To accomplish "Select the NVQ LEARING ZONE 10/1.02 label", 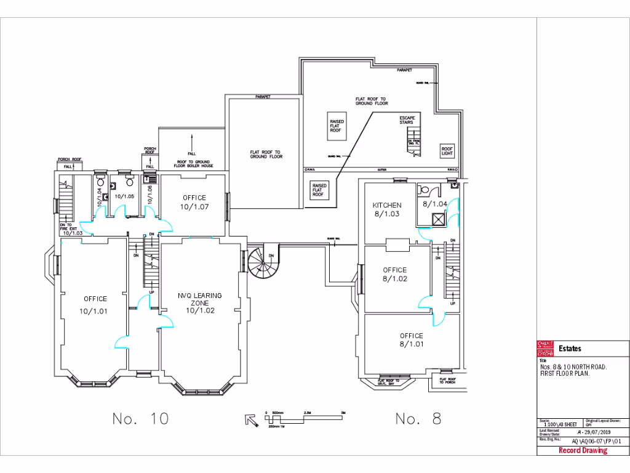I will [x=199, y=302].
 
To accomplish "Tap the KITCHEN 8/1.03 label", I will [x=387, y=209].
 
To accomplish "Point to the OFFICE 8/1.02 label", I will [x=394, y=274].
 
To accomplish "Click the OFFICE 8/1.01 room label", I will [x=411, y=340].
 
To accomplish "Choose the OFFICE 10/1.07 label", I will [x=194, y=203].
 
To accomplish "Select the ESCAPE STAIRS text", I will [x=407, y=119].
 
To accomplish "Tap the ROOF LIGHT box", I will [x=447, y=150].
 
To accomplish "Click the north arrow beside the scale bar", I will [x=251, y=420].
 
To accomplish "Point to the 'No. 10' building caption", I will [x=140, y=419].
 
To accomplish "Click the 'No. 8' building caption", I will [x=418, y=419].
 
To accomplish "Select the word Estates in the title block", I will [x=569, y=349].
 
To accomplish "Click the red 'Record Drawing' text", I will [x=583, y=450].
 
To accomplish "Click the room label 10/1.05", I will [x=124, y=196].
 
